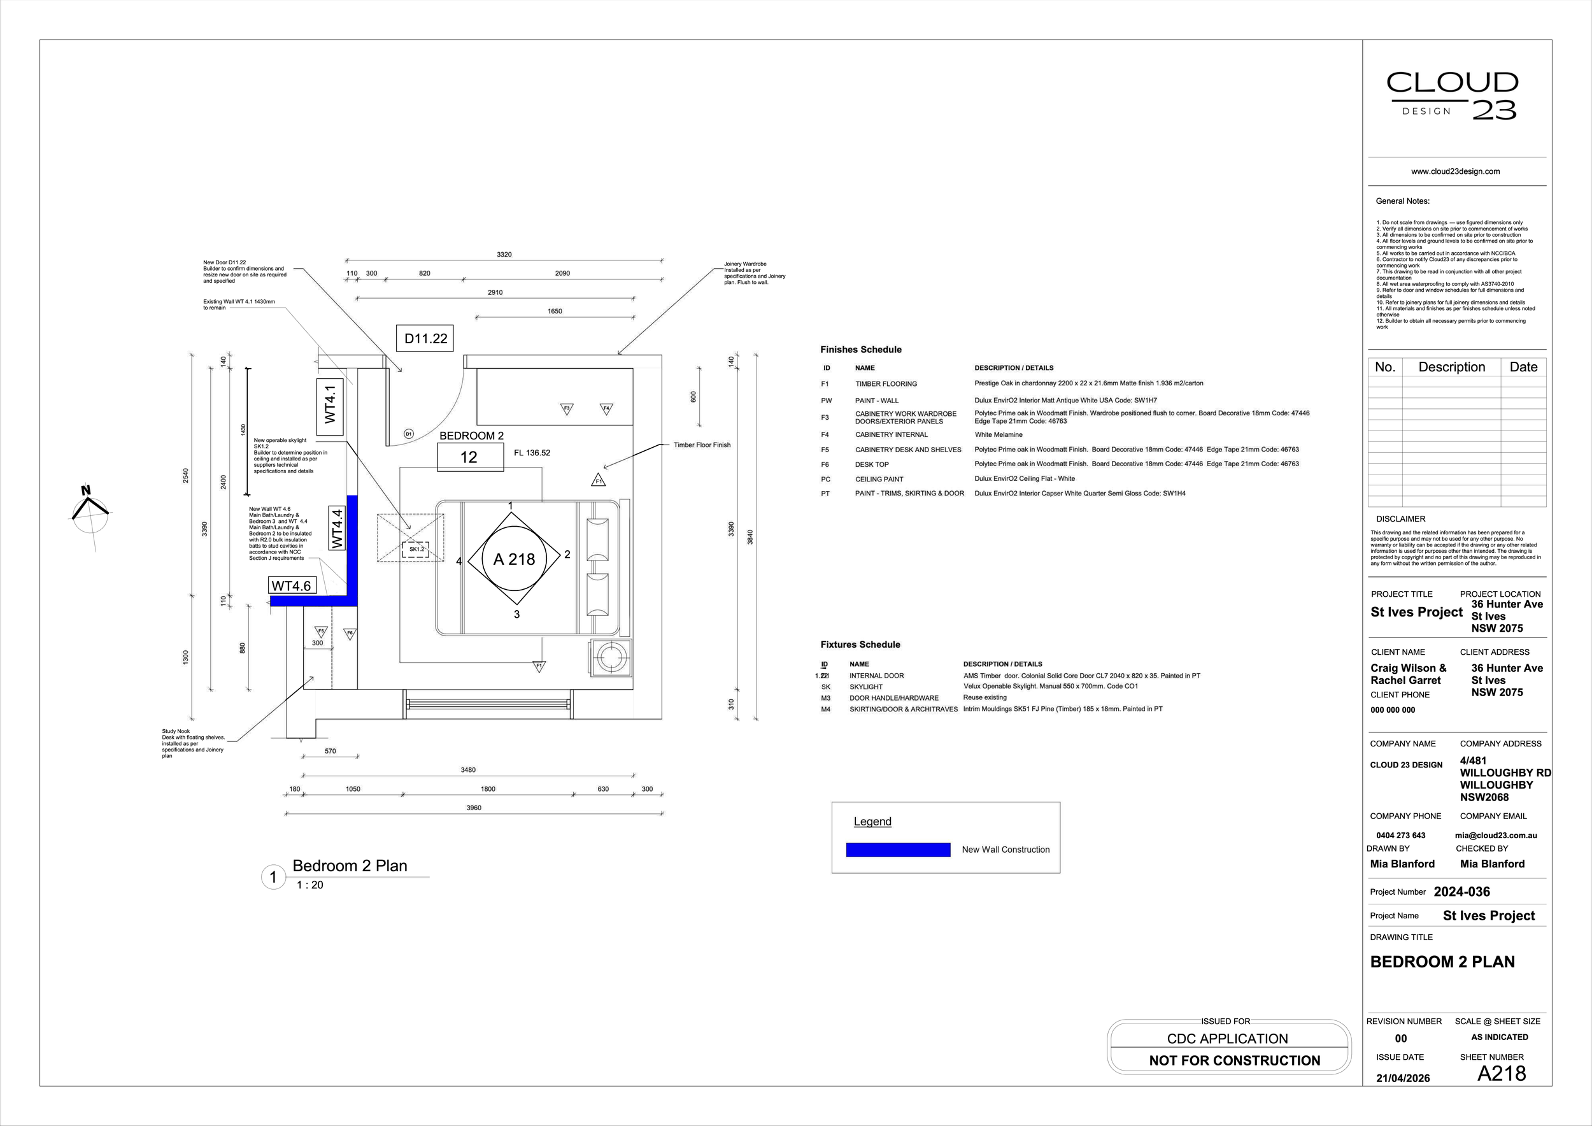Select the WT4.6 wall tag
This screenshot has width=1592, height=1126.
292,586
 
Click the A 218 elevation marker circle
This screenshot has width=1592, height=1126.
514,559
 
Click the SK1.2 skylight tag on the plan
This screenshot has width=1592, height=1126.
416,549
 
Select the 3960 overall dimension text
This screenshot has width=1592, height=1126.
474,808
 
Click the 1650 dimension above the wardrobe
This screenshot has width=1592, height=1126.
555,311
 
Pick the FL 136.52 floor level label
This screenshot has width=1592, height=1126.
532,453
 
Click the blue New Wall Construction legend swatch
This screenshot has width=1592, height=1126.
898,850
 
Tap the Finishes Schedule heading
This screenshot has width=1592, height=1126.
860,350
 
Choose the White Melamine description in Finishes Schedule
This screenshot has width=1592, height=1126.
999,435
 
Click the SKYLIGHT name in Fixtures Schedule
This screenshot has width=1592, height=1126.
866,687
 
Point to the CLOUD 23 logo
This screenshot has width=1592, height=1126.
1453,96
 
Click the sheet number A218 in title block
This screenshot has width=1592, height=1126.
1501,1073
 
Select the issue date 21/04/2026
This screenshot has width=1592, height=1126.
1403,1078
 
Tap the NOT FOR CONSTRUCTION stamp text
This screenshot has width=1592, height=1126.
1234,1060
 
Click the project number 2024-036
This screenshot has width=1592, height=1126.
1461,892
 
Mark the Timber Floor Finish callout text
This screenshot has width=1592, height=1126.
702,445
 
